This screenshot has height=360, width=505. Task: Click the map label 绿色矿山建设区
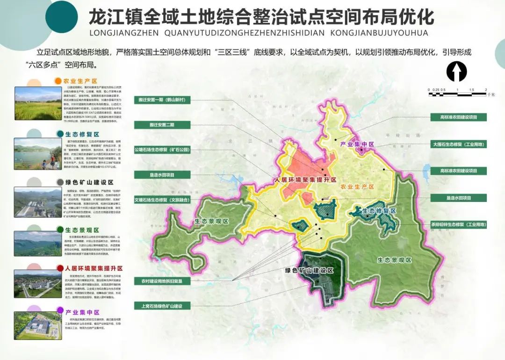coord(309,271)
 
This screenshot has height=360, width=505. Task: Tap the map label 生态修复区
coord(379,211)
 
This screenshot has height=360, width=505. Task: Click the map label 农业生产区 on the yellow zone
coord(358,187)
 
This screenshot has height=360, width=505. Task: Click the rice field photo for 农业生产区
coord(38,103)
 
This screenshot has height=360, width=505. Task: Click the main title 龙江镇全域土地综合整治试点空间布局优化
coord(261,17)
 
